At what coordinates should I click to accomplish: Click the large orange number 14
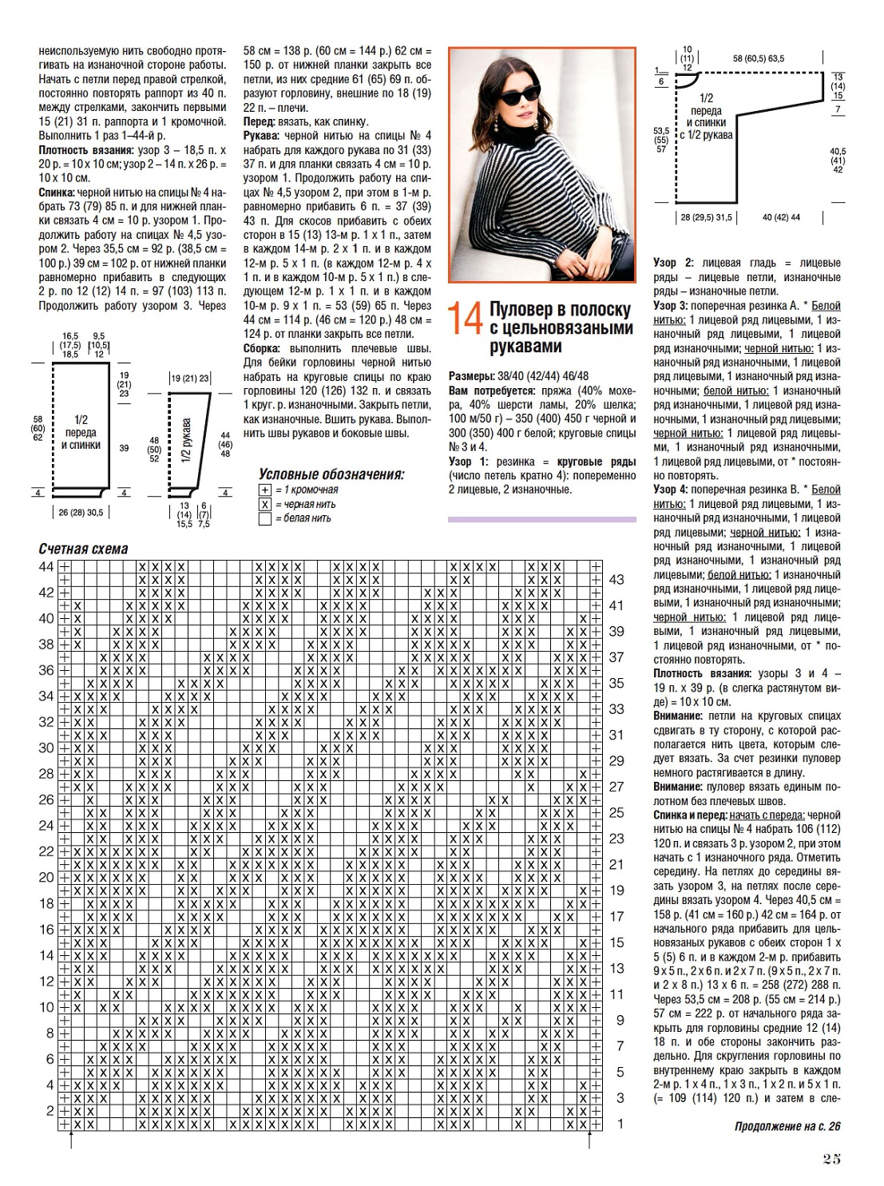[465, 318]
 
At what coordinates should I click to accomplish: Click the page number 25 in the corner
[831, 1159]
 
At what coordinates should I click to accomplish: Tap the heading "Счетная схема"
[83, 549]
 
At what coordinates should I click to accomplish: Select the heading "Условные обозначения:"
[331, 474]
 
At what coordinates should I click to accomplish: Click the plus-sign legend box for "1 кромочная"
[265, 490]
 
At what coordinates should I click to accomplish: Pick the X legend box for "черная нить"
[265, 504]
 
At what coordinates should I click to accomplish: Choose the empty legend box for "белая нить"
[265, 518]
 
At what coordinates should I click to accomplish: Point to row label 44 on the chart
[46, 566]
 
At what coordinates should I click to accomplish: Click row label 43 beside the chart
[616, 580]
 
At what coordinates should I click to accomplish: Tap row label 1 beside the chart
[620, 1124]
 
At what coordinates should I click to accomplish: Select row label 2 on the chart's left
[50, 1110]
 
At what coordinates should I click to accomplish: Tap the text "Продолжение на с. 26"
[787, 1126]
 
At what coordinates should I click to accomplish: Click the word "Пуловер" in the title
[521, 309]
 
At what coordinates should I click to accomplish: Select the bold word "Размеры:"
[471, 376]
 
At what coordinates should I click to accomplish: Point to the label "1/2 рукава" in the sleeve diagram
[186, 440]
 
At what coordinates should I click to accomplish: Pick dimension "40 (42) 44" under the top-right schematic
[781, 217]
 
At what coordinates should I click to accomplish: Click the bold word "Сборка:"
[261, 348]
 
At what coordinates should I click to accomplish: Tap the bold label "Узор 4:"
[670, 490]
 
